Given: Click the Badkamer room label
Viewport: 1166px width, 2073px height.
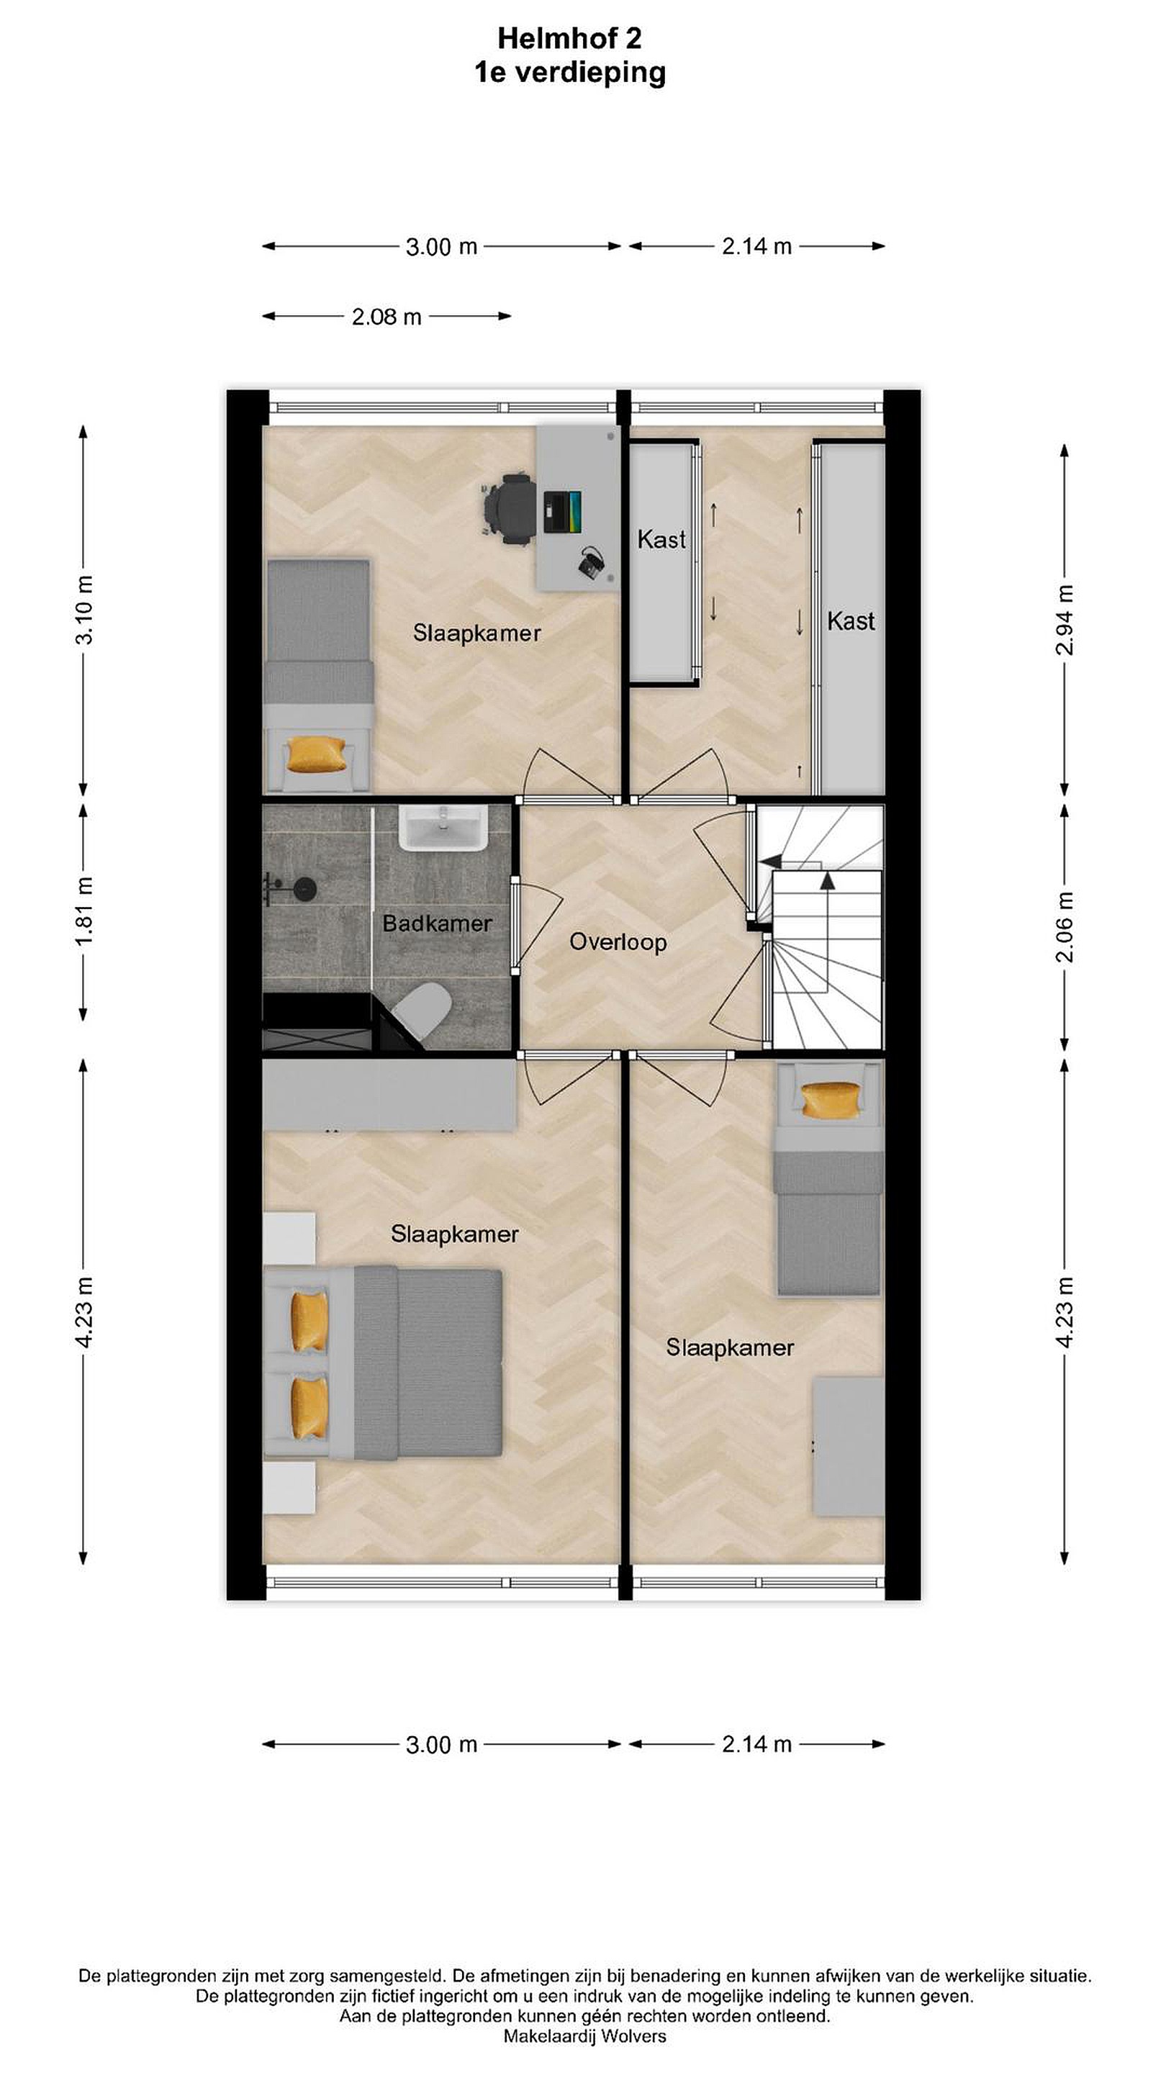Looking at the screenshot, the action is click(436, 923).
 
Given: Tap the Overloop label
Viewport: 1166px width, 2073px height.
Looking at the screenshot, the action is click(618, 942).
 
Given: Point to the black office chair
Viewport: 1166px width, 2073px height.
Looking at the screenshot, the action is click(509, 510).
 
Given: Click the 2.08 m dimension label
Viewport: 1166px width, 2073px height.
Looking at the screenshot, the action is click(387, 317).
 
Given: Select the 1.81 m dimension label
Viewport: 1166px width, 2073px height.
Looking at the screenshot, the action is click(84, 911).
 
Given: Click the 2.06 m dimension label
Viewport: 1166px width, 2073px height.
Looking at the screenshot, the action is click(1065, 927).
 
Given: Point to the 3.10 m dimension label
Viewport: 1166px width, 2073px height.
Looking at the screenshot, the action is click(84, 609).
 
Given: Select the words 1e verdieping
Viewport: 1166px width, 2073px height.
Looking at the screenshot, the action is click(570, 73).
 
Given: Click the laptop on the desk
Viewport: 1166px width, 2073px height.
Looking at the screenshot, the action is click(561, 511).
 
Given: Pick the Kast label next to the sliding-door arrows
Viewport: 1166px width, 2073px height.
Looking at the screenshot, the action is click(661, 539).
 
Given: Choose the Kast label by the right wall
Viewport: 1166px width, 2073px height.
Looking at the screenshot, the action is click(851, 621).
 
